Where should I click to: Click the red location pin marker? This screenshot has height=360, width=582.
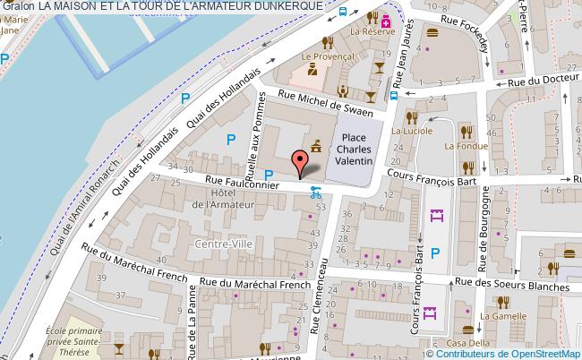(301, 161)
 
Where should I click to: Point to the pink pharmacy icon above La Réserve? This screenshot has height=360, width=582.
(386, 18)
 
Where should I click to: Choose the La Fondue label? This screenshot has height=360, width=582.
(466, 146)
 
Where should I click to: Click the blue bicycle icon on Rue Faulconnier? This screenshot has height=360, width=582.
(314, 191)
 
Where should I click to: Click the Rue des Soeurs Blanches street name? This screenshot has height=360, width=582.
(511, 286)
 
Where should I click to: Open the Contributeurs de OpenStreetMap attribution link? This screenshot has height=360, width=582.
(516, 353)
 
